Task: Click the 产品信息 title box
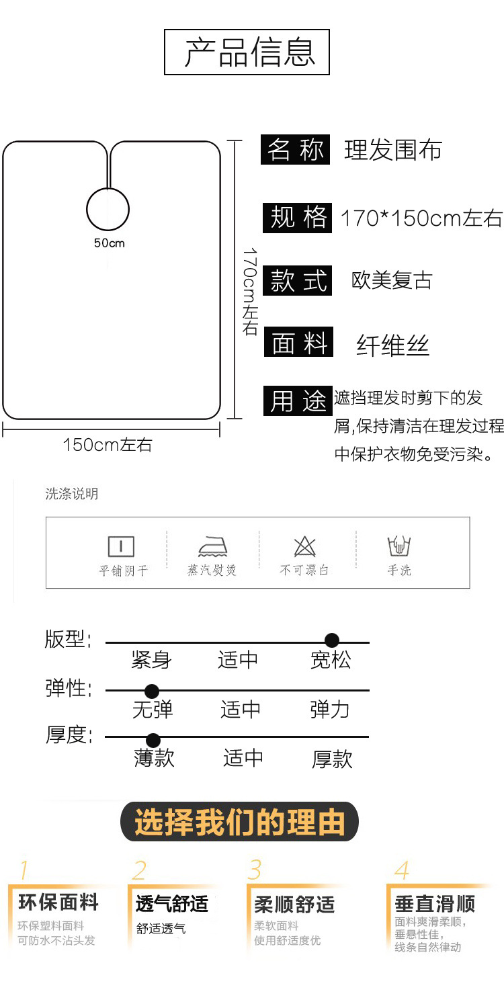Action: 247,52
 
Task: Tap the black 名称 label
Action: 296,150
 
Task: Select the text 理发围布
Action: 393,150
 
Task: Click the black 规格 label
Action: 297,218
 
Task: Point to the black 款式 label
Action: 298,281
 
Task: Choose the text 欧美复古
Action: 392,280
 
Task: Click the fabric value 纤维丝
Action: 392,346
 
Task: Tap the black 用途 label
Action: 298,401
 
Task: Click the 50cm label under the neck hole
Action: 109,243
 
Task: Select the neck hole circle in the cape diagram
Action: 108,208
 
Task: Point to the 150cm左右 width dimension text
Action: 108,445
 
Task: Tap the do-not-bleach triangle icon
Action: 304,546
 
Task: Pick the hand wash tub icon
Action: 399,546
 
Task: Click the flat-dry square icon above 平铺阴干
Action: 121,546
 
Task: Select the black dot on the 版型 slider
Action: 332,640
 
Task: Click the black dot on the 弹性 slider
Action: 152,691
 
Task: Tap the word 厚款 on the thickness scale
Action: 332,759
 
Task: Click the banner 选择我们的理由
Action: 240,822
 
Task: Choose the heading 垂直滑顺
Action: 435,904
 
